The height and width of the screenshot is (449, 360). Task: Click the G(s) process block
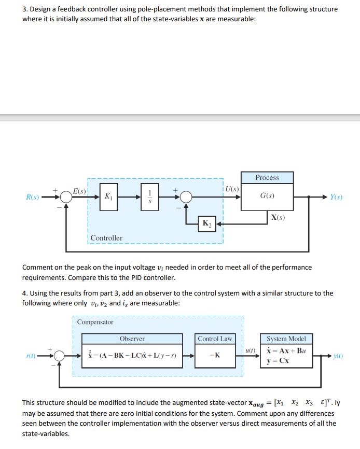[x=267, y=197]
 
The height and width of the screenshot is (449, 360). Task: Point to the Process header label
[x=267, y=178]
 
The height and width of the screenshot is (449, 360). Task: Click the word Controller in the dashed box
[x=107, y=238]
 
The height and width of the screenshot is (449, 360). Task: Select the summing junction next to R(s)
[x=65, y=197]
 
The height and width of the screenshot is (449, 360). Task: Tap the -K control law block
[x=215, y=356]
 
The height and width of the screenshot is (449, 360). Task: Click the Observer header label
[x=132, y=339]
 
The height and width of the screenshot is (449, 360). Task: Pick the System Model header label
[x=286, y=339]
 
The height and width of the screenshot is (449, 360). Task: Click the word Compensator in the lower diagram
[x=95, y=322]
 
